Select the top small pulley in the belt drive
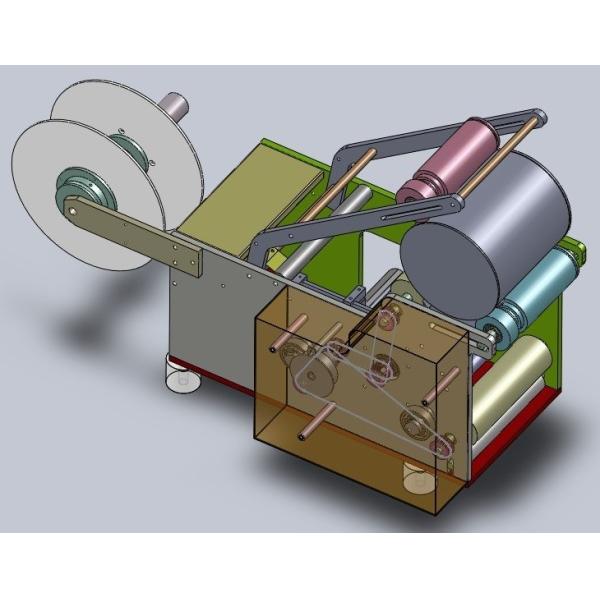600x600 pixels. [x=385, y=319]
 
